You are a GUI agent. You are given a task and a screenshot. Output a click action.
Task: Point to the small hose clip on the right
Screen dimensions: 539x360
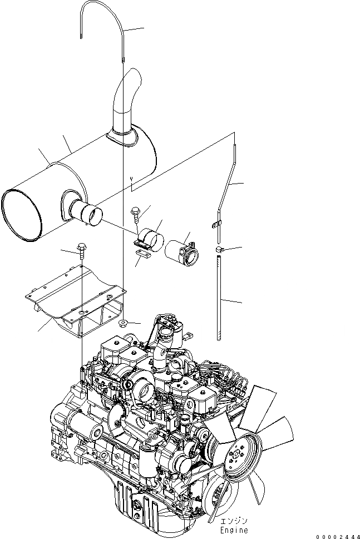(220, 249)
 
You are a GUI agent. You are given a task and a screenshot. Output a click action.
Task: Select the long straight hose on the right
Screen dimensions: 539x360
(220, 298)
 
